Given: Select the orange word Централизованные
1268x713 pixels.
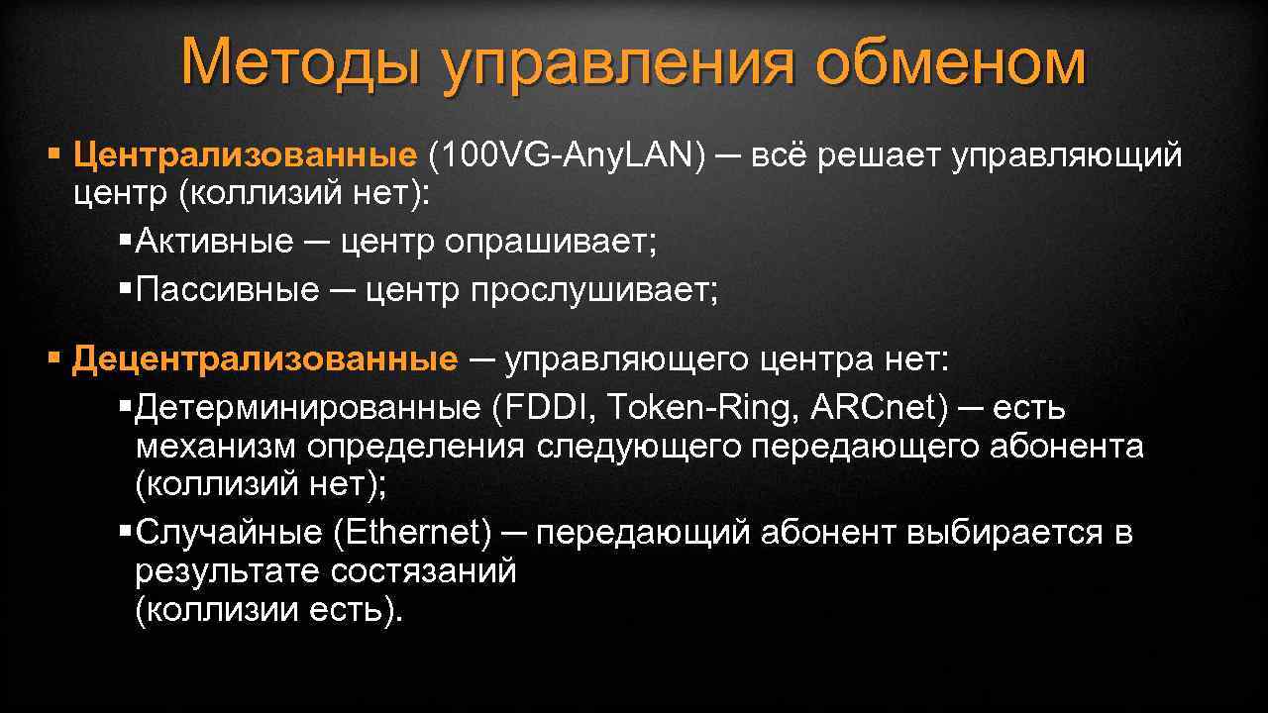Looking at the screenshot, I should pyautogui.click(x=244, y=154).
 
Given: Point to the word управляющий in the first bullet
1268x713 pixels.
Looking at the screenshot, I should pyautogui.click(x=1067, y=156).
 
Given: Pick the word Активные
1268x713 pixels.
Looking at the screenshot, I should pyautogui.click(x=214, y=241).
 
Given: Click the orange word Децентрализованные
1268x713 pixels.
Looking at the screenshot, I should pyautogui.click(x=264, y=359).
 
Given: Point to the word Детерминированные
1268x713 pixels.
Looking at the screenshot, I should pyautogui.click(x=307, y=407).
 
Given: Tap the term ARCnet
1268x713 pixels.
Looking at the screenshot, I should pyautogui.click(x=872, y=407).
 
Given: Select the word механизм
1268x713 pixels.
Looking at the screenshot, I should pyautogui.click(x=216, y=447).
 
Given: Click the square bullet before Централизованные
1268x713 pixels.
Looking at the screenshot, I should pyautogui.click(x=54, y=154).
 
